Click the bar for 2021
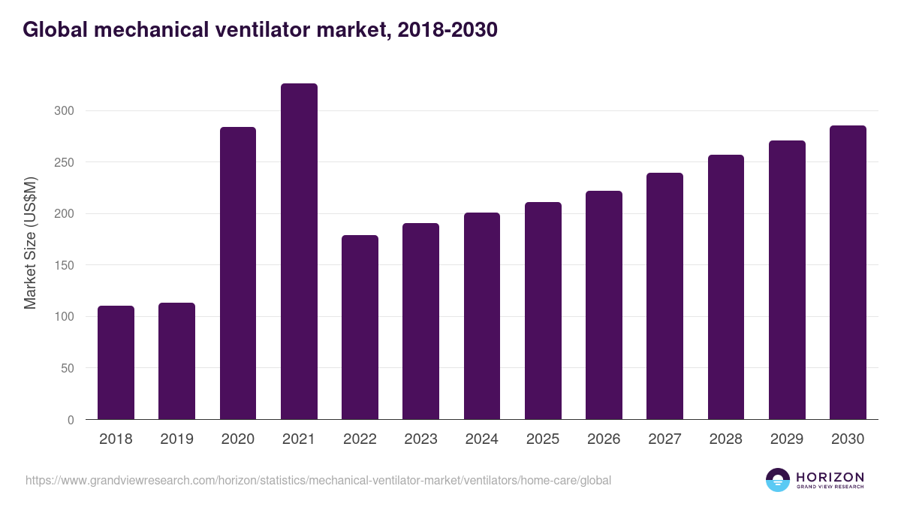click(299, 252)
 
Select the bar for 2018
click(116, 363)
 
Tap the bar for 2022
click(360, 327)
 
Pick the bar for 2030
click(848, 273)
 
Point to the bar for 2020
click(238, 273)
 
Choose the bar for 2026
click(604, 305)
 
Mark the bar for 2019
click(176, 361)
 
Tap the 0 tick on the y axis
click(71, 420)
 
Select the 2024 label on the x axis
click(481, 439)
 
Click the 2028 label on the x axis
click(725, 439)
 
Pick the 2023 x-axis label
click(420, 439)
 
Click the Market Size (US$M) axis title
click(30, 243)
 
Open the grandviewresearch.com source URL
click(318, 480)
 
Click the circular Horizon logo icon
click(778, 480)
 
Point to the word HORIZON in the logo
click(830, 477)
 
